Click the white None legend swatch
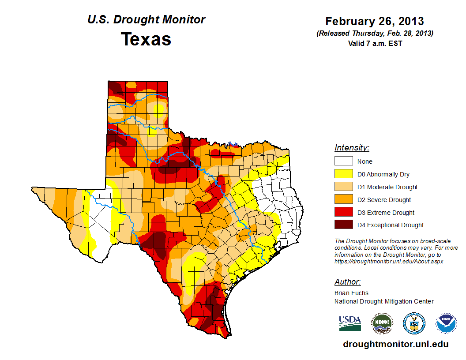343,161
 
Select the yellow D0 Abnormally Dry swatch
343,174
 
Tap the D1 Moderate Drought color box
343,187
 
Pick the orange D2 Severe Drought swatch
343,200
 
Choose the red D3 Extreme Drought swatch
343,213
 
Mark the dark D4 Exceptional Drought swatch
343,225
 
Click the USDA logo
350,323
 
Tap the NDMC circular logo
382,323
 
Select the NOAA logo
446,323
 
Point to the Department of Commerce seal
414,323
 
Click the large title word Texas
146,39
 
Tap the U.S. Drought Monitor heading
146,20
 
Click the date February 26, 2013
375,21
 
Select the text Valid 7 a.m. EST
375,43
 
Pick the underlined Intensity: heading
352,148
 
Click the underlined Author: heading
347,282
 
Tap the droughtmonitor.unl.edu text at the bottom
395,345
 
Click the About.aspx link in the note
388,261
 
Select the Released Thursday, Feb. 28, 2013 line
375,34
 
